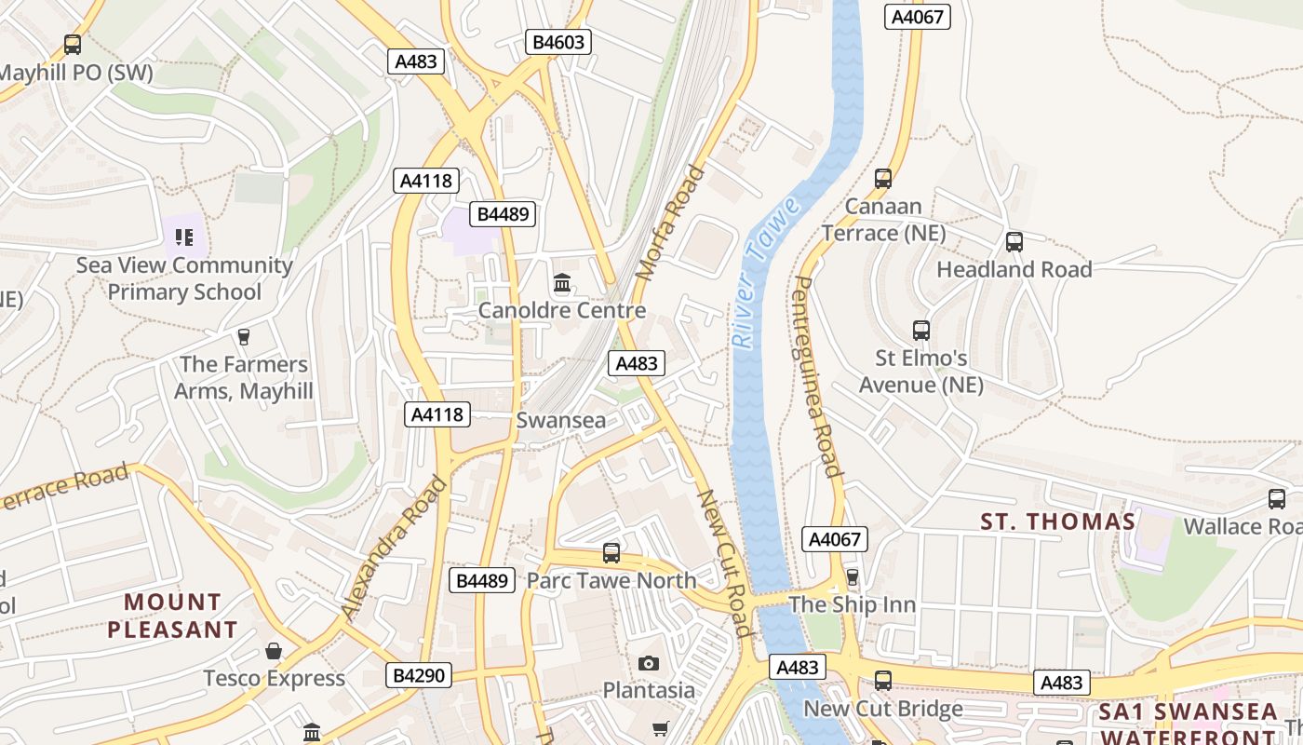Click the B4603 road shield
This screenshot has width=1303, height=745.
[x=558, y=42]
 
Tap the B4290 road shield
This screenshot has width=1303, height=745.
[x=419, y=675]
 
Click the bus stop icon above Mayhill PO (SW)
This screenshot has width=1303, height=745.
[x=72, y=44]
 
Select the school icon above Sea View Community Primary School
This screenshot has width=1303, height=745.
[x=184, y=237]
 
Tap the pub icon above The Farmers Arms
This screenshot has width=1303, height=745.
[x=244, y=336]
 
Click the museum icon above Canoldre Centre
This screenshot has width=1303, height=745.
[x=561, y=282]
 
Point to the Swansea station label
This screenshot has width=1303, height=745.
[x=560, y=420]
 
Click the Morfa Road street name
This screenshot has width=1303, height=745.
[x=669, y=223]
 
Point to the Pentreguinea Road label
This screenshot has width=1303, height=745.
[x=816, y=377]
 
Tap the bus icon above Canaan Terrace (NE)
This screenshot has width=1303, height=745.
[x=882, y=178]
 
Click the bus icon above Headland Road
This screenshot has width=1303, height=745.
[x=1014, y=242]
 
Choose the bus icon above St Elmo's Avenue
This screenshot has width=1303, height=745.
[x=920, y=331]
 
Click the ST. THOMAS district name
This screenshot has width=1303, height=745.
[x=1057, y=521]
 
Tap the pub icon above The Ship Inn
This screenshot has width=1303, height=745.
[x=852, y=577]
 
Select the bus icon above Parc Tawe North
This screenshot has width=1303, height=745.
[x=611, y=553]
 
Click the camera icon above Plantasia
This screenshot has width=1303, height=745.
[x=649, y=663]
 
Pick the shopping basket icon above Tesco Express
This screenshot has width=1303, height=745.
[x=274, y=651]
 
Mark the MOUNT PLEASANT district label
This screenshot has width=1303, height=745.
[x=172, y=616]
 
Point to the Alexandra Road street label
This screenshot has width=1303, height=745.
[x=393, y=549]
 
